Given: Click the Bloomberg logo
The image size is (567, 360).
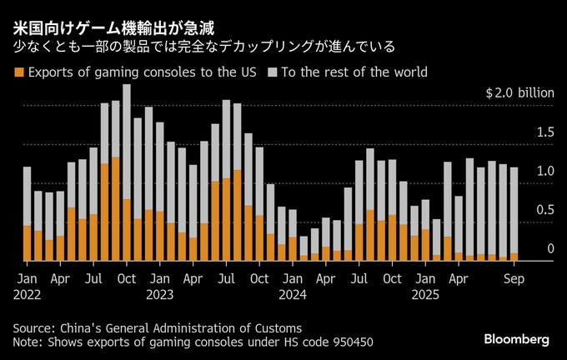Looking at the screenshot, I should coord(517,339).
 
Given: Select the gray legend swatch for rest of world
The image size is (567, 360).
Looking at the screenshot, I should coord(272,73).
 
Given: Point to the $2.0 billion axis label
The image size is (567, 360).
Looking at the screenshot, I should coord(519,93).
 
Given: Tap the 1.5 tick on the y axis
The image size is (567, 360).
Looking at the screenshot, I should coord(545,132).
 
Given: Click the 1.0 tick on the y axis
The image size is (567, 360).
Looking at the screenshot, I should coord(545,171).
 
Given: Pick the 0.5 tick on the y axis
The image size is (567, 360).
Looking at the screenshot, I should coord(545,210).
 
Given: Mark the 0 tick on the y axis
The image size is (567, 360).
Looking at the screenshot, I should coord(550,248).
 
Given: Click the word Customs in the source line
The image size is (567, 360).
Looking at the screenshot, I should coord(277,327).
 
